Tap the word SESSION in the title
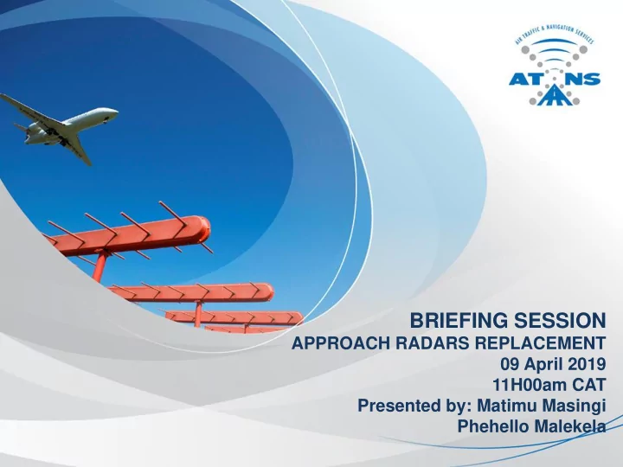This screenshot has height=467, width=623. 560,321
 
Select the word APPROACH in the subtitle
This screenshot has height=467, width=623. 341,343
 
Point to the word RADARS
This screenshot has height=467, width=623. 433,343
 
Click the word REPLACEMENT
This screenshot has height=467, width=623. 541,343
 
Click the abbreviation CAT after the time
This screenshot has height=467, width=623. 589,384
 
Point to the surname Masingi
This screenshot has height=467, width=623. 574,406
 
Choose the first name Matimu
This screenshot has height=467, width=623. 507,406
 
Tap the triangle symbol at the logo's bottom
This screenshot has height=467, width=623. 555,96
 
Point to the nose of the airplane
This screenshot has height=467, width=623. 116,112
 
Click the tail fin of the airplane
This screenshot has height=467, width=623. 78,149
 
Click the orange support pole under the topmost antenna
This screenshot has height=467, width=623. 100,266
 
